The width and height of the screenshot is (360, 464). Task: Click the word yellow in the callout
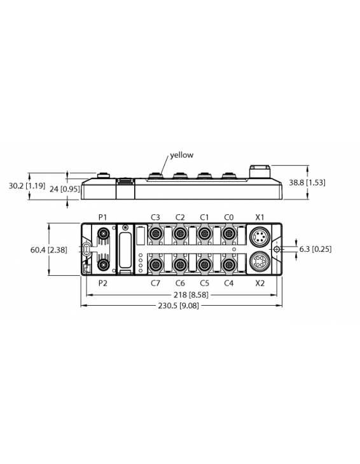[181, 155]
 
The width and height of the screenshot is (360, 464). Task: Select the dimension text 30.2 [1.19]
[26, 186]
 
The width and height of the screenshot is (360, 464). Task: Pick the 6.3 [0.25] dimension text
[315, 249]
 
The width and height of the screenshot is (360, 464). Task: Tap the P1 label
[102, 217]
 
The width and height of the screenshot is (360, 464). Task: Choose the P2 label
[102, 283]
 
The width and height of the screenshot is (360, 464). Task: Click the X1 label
[260, 217]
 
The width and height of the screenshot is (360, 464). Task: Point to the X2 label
[260, 283]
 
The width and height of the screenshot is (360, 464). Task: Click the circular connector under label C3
[155, 235]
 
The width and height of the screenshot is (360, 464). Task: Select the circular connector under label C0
[228, 235]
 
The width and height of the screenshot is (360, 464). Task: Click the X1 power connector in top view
[260, 236]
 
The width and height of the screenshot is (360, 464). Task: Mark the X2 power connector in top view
[260, 262]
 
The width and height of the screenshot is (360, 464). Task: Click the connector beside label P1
[102, 235]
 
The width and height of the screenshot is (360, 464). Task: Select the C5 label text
[204, 283]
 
